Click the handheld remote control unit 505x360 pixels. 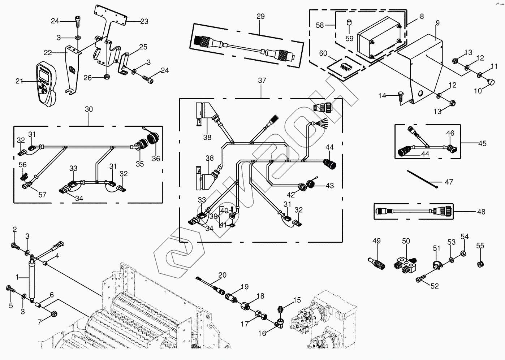pyautogui.click(x=46, y=84)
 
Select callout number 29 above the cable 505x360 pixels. pyautogui.click(x=260, y=16)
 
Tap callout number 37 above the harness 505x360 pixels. pyautogui.click(x=262, y=80)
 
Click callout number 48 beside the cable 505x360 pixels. pyautogui.click(x=481, y=212)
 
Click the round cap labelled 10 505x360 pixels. pyautogui.click(x=491, y=82)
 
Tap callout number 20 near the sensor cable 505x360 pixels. pyautogui.click(x=222, y=275)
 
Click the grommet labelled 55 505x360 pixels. pyautogui.click(x=480, y=263)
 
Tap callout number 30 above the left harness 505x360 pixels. pyautogui.click(x=89, y=109)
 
